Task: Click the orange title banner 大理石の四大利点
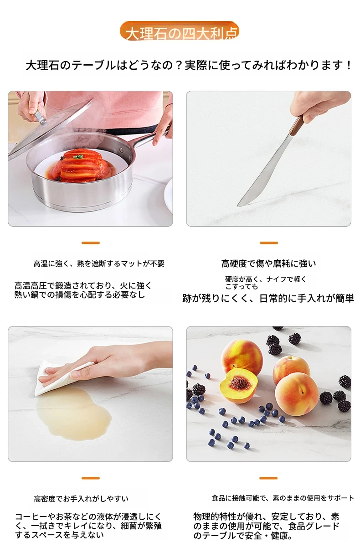tap(179, 31)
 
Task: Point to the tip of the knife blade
tap(238, 206)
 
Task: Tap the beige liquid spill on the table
tap(73, 415)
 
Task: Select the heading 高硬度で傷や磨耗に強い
tap(268, 263)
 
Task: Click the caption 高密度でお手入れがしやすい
tap(81, 499)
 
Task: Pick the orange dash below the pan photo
tap(91, 243)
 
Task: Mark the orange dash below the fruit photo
tap(268, 478)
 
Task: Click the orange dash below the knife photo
tap(269, 243)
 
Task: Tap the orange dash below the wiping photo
tap(91, 478)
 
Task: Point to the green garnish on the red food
tap(79, 157)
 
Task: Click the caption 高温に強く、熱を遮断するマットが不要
tap(99, 263)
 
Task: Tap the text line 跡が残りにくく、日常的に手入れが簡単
tap(268, 298)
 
